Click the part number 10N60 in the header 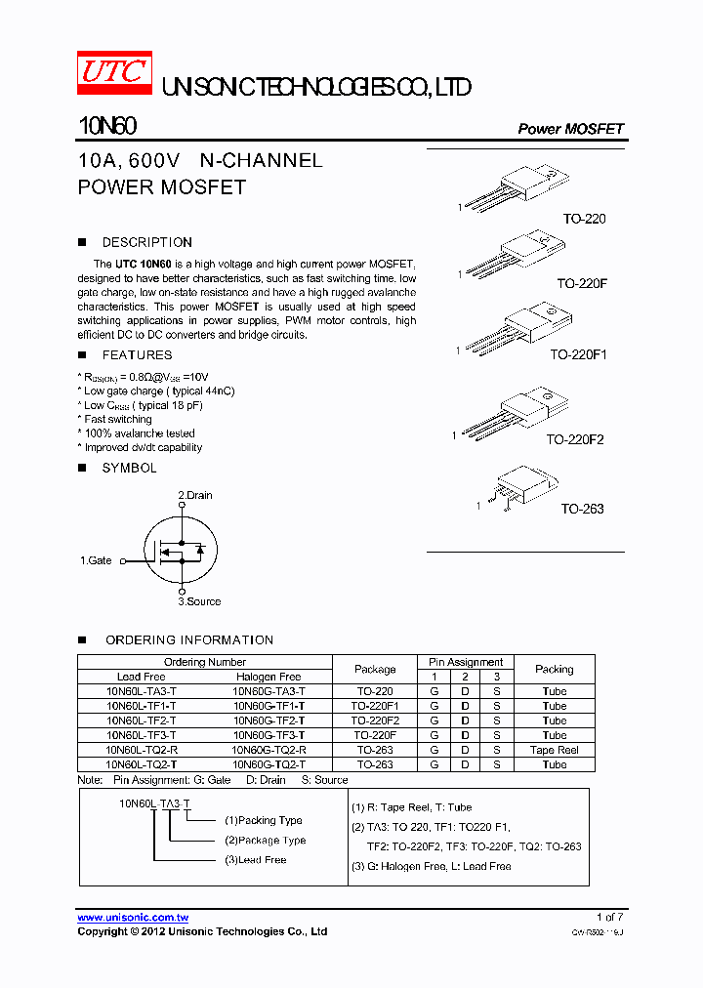pos(106,127)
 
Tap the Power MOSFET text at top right pos(570,129)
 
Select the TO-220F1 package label pos(578,355)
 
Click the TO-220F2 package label pos(575,440)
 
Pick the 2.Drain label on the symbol pos(195,495)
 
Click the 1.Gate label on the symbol pos(96,560)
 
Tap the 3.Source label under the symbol pos(199,601)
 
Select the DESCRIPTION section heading pos(146,242)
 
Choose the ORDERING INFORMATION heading pos(189,639)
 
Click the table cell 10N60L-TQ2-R pos(142,750)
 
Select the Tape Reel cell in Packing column pos(554,750)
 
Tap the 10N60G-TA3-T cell pos(269,691)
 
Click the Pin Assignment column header pos(466,662)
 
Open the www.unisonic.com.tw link pos(133,918)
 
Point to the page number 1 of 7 pos(609,917)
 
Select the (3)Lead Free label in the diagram pos(255,860)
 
